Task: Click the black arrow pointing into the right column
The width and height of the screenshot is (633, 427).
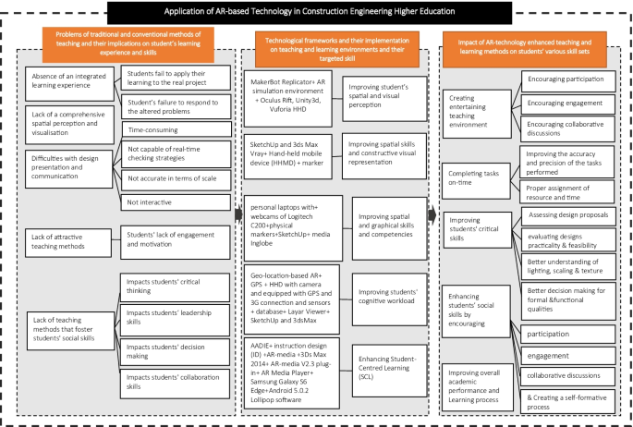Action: tap(434, 213)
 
